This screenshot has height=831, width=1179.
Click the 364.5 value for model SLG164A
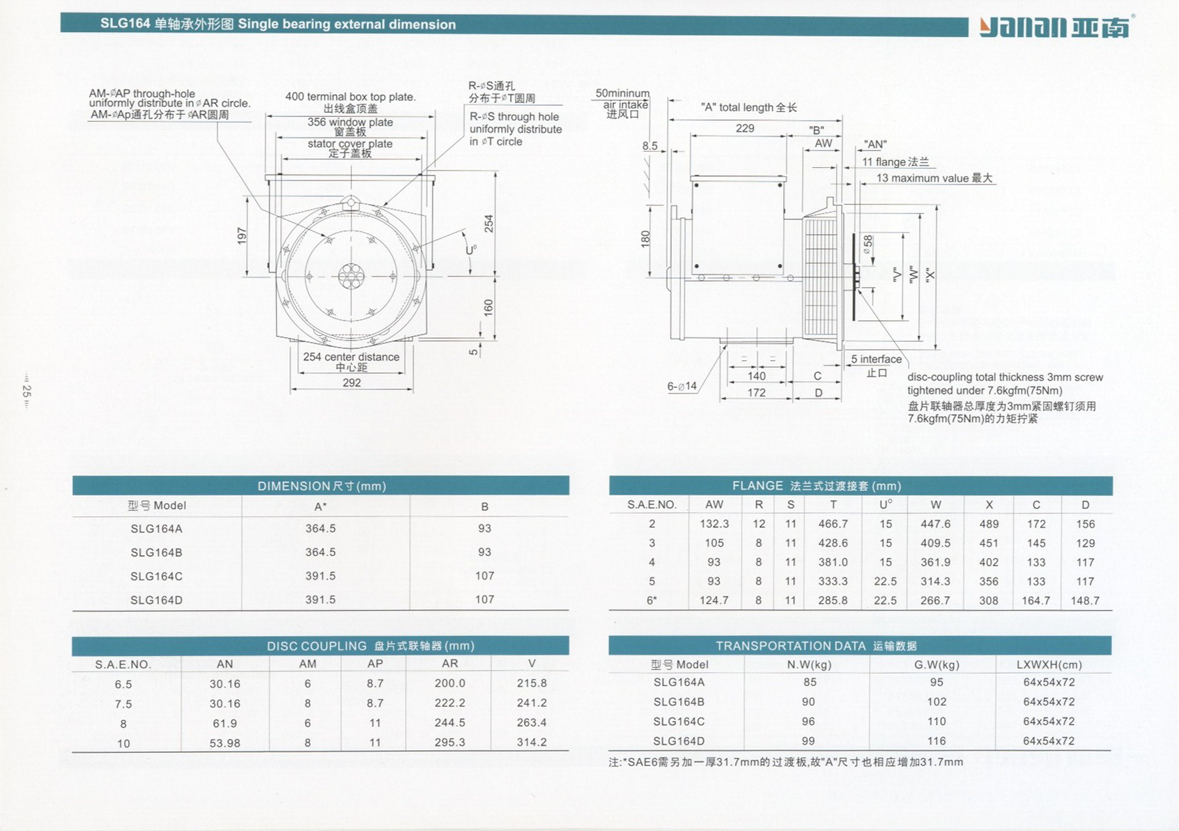click(x=321, y=529)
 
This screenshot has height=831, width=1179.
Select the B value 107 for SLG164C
click(x=485, y=576)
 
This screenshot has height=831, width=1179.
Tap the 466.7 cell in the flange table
click(x=833, y=525)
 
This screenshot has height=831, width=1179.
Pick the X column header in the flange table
click(x=989, y=505)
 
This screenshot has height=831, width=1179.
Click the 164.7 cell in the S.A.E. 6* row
click(x=1036, y=600)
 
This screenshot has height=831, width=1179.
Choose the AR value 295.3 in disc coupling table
click(x=450, y=743)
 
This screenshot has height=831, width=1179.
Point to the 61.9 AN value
click(x=225, y=724)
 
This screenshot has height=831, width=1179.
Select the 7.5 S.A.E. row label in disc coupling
click(x=123, y=704)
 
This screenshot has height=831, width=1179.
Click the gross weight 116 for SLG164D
click(x=937, y=741)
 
